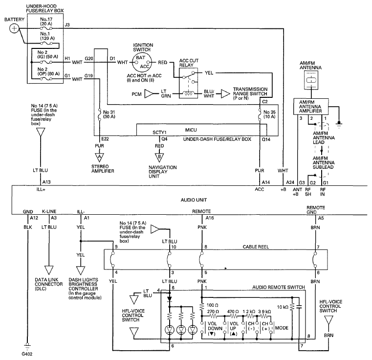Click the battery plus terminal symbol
coord(14,29)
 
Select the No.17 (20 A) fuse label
coord(46,22)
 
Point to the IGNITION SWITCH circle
coord(142,63)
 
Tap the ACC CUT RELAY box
coord(188,83)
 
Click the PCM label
coord(136,94)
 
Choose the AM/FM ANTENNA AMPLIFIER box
coord(311,107)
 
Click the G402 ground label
coord(27,354)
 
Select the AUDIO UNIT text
coord(194,200)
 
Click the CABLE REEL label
coord(256,247)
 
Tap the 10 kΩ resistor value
coord(283,307)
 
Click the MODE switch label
coord(282,328)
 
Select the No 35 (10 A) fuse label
coord(269,114)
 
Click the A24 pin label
coord(290,182)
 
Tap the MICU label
coord(191,130)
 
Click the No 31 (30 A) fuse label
coord(109,114)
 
